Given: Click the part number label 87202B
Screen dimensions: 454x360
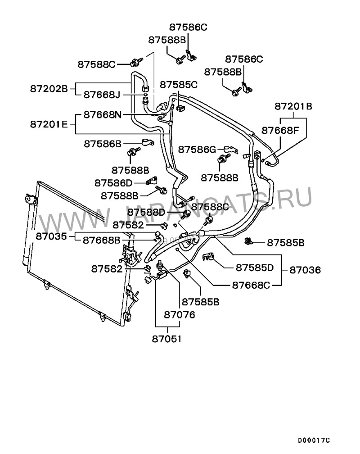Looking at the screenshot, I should click(49, 89).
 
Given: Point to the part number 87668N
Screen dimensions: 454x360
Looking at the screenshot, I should click(103, 115).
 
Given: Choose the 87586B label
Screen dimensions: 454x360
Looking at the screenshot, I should click(103, 144).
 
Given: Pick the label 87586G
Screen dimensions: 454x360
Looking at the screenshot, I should click(197, 149).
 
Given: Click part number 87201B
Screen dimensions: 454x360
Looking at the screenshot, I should click(293, 107).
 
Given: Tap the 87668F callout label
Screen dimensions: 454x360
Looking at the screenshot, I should click(281, 131).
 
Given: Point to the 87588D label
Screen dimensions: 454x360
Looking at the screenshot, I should click(146, 212).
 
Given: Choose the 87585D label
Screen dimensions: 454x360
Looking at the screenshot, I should click(255, 268).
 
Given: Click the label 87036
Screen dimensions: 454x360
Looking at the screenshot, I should click(305, 271).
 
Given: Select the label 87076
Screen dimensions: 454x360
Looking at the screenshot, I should click(180, 315).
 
